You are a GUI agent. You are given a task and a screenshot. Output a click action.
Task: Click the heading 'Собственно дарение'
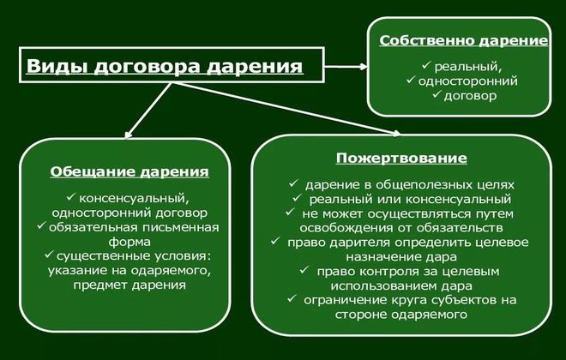click(x=464, y=40)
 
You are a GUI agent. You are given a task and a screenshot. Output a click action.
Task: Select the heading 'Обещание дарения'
click(x=129, y=171)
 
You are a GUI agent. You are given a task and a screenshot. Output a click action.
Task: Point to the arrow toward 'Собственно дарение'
click(x=343, y=65)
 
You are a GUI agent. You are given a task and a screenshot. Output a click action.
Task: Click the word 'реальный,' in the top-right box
click(x=467, y=65)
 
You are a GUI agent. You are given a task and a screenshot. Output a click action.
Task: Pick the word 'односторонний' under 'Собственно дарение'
click(x=468, y=81)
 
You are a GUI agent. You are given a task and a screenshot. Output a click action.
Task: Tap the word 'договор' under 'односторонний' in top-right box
click(x=470, y=96)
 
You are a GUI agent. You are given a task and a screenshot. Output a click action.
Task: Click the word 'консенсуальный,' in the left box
click(x=134, y=197)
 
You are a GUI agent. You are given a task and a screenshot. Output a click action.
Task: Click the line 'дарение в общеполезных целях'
click(x=407, y=183)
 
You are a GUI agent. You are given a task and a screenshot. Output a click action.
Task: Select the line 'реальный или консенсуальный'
click(x=408, y=198)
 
